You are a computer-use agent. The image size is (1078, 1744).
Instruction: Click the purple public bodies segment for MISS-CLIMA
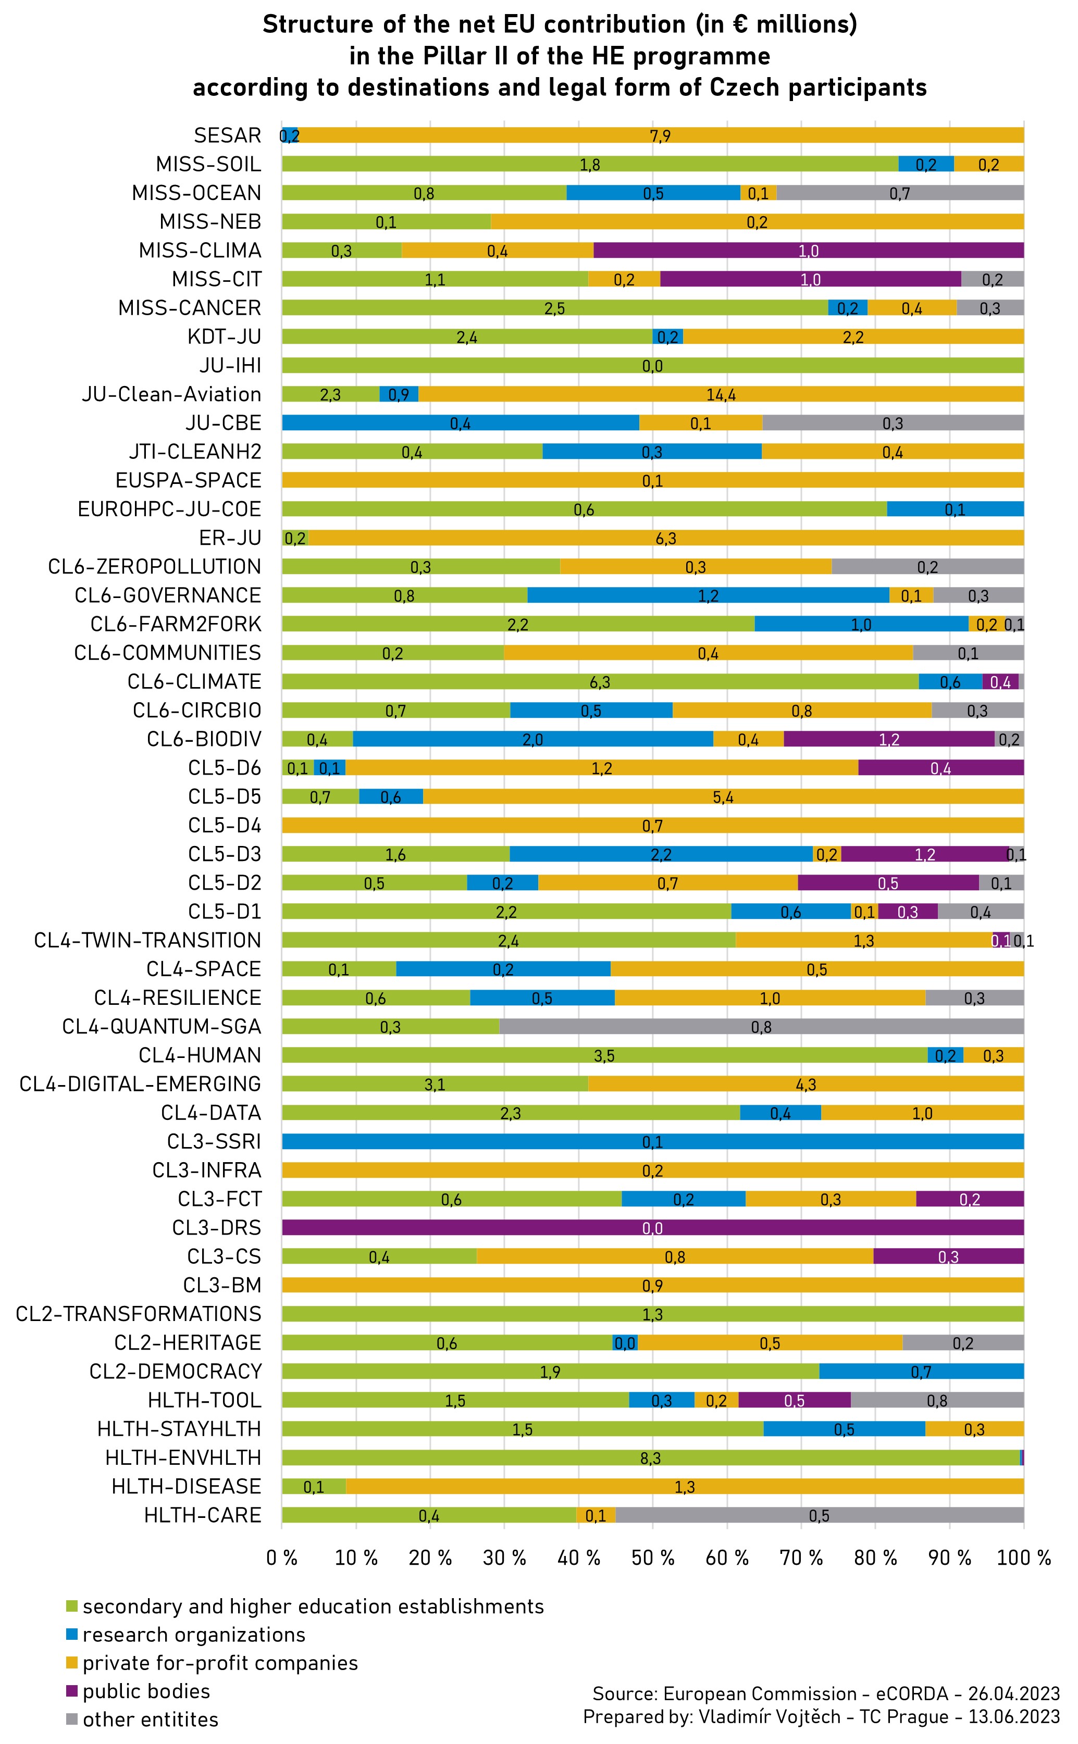click(809, 250)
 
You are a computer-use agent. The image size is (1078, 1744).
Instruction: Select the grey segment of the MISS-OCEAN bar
click(900, 193)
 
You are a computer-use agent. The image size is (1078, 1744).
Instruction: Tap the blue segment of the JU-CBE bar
click(460, 423)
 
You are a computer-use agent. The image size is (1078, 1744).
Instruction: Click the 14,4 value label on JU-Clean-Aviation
click(721, 395)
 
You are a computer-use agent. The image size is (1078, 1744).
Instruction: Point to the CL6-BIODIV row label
click(204, 739)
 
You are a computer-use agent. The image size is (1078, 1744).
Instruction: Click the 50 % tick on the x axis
click(652, 1558)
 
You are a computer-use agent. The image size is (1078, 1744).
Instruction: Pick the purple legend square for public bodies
click(71, 1690)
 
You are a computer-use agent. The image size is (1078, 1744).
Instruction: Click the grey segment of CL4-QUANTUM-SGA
click(761, 1026)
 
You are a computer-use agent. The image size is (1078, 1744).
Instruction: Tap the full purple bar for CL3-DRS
click(652, 1227)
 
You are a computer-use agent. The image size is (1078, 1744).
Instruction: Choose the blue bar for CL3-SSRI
click(652, 1142)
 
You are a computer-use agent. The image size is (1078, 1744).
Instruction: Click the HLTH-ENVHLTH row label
click(183, 1458)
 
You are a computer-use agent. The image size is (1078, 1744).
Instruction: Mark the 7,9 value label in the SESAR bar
click(660, 136)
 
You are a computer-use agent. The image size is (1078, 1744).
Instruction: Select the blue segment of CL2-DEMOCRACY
click(921, 1371)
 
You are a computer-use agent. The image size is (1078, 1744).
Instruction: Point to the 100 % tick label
click(1024, 1558)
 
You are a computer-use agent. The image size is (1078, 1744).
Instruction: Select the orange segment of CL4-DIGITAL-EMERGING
click(806, 1084)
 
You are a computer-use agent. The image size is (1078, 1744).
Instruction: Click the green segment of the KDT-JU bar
click(466, 337)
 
